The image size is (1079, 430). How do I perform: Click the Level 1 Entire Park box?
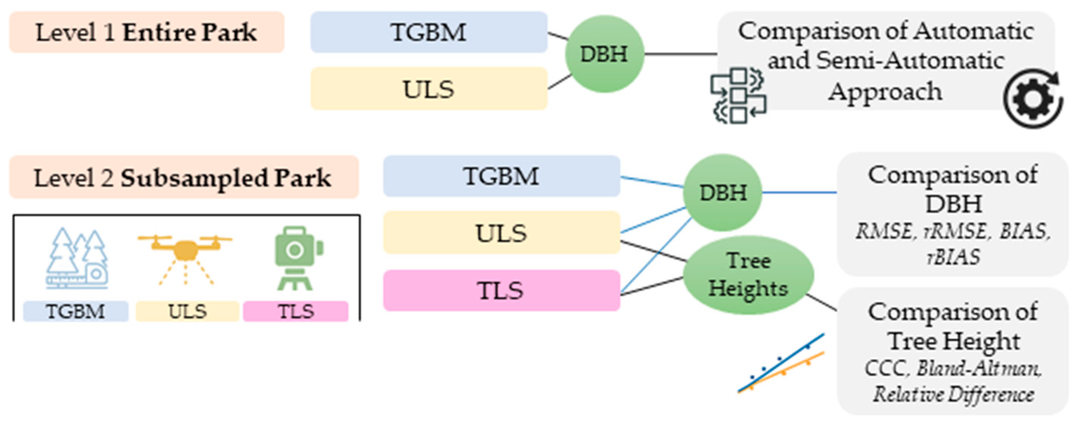tap(147, 32)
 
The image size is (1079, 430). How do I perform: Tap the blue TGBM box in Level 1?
tap(428, 32)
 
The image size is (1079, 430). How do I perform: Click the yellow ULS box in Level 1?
tap(428, 89)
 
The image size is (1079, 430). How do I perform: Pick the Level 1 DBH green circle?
tap(604, 54)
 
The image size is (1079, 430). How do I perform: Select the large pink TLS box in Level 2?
tap(501, 290)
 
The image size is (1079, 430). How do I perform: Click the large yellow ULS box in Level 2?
tap(501, 233)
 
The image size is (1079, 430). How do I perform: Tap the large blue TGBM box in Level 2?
tap(501, 176)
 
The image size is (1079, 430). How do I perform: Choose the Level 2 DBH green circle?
tap(722, 193)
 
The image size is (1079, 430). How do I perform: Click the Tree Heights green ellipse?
tap(748, 275)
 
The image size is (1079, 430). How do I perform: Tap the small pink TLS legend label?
tap(296, 311)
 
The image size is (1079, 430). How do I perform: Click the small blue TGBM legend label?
tap(76, 311)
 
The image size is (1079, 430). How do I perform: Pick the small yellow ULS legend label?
tap(187, 311)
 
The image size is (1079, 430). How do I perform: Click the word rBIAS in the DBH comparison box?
tap(953, 257)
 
